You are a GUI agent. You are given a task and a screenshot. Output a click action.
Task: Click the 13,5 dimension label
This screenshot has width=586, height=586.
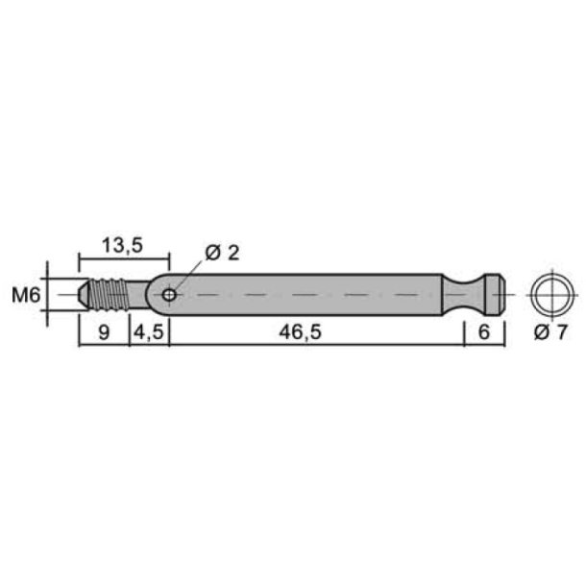[x=122, y=246]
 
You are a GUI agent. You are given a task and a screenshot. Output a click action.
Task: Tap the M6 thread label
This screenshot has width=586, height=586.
[x=26, y=296]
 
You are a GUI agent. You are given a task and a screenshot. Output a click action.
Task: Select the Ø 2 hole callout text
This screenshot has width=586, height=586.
[x=222, y=253]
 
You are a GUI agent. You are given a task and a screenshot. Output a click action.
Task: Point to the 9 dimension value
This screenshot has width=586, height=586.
[x=104, y=332]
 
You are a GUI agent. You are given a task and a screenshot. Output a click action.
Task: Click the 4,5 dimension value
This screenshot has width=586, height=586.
[x=149, y=331]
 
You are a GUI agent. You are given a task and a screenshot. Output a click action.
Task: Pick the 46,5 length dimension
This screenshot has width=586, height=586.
[x=300, y=331]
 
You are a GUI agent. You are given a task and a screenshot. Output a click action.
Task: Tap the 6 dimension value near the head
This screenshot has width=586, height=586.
[x=484, y=331]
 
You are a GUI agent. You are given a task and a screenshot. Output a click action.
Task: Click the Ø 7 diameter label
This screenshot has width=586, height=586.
[x=550, y=331]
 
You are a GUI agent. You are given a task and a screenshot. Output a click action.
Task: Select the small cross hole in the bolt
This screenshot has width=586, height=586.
[x=169, y=295]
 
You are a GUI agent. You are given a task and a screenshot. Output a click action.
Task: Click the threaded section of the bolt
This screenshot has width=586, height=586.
[x=109, y=295]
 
